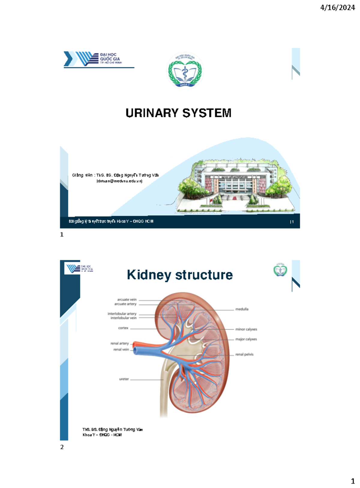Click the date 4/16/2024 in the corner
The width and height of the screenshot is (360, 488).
[x=337, y=8]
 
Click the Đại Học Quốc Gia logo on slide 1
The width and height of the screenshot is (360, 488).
[x=93, y=59]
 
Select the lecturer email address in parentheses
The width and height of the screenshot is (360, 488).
[x=119, y=181]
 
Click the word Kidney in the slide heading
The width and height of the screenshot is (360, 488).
[x=149, y=275]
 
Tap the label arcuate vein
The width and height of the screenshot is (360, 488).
[x=127, y=299]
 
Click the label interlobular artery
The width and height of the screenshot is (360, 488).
[x=122, y=313]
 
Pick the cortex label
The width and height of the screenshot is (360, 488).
[x=123, y=328]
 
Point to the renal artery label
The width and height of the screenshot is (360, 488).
[x=119, y=343]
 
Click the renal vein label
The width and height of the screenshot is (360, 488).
[x=121, y=349]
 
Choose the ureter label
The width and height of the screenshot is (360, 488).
[x=124, y=379]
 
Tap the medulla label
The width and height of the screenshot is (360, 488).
[x=242, y=309]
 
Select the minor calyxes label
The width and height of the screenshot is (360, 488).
[x=246, y=329]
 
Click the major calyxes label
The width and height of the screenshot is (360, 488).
[x=246, y=339]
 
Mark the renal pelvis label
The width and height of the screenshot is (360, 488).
[x=244, y=354]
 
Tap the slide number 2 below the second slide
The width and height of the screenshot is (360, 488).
[x=62, y=447]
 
